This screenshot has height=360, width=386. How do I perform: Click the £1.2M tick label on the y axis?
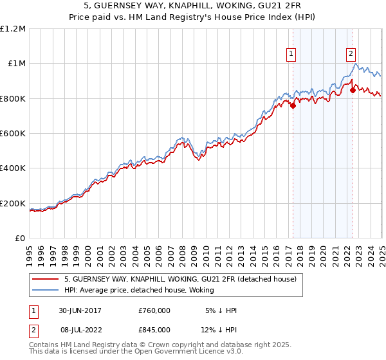[13, 28]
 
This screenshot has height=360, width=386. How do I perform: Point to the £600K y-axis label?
[13, 134]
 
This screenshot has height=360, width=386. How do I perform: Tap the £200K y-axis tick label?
[13, 204]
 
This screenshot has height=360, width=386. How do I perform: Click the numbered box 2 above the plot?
[352, 55]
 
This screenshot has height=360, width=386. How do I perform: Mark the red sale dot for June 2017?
[293, 105]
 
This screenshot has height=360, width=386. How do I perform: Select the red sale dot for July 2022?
[353, 91]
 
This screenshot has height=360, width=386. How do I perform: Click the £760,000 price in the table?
[154, 310]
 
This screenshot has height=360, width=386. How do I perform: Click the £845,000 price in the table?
[154, 330]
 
